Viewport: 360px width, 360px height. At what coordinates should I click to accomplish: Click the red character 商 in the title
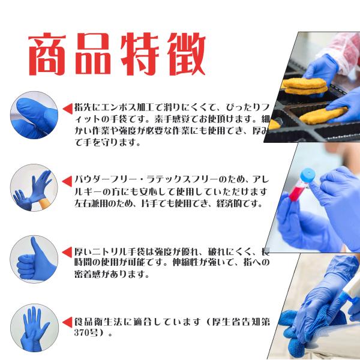point(47,54)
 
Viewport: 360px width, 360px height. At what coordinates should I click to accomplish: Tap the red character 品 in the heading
point(94,54)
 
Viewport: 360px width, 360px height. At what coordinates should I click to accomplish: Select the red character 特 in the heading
point(140,54)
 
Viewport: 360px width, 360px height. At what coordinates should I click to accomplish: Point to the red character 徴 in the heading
point(186,54)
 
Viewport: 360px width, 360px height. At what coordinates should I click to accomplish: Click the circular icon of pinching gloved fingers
point(34,115)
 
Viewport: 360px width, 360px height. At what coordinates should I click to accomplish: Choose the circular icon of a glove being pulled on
point(34,188)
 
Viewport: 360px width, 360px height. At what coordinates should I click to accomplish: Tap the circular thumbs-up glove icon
point(34,259)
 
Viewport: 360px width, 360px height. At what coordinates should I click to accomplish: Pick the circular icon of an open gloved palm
point(34,328)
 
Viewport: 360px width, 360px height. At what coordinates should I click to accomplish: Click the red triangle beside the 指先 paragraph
point(67,109)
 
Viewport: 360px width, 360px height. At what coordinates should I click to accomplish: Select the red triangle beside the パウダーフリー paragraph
point(67,182)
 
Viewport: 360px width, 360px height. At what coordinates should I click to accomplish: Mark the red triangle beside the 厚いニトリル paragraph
point(67,253)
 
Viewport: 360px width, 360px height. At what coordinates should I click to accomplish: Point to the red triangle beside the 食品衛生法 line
point(67,322)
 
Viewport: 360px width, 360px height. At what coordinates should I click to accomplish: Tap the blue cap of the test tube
point(307,175)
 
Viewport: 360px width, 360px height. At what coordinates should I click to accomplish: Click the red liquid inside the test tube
point(295,193)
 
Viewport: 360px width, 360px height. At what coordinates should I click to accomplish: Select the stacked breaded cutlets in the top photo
point(305,86)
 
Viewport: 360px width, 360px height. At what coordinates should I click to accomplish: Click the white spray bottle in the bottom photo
point(350,295)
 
